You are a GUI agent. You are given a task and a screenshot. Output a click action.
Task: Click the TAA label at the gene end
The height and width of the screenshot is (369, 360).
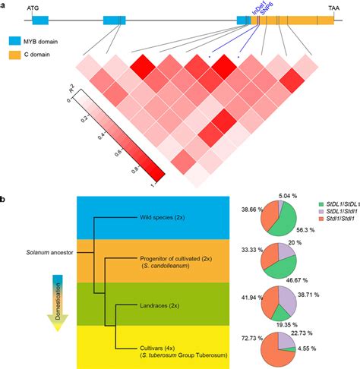333,6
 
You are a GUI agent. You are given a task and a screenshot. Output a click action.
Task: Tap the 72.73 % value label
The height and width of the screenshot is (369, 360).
249,335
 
